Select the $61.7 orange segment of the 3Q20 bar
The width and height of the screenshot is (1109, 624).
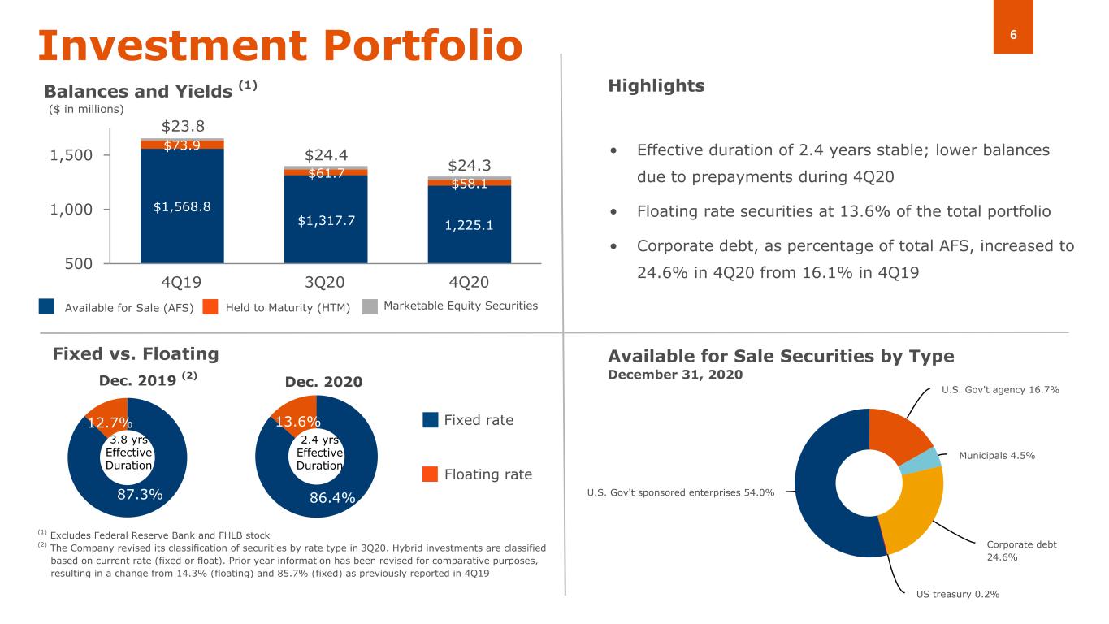pos(325,172)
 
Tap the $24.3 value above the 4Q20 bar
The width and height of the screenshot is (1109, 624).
pos(469,166)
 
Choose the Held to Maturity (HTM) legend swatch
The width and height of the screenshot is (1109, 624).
pos(210,306)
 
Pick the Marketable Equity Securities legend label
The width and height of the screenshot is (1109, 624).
pos(460,305)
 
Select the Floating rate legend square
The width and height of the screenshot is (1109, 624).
pos(431,474)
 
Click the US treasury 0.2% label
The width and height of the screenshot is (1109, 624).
pos(957,594)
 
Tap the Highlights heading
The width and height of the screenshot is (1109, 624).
pos(656,85)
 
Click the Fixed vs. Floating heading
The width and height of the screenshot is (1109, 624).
pos(136,353)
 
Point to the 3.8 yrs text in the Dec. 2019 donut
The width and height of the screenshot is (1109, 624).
pos(128,440)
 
